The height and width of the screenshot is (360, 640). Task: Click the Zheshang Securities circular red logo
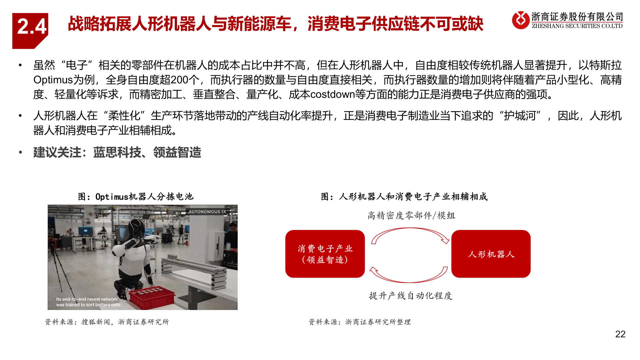(x=520, y=20)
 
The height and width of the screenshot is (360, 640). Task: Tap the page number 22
(x=620, y=334)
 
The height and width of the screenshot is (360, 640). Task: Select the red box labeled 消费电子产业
(x=325, y=254)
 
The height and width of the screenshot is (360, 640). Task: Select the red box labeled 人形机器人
(x=491, y=254)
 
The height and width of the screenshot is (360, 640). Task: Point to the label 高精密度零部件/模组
(x=411, y=216)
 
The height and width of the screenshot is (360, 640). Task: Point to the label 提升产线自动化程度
(x=410, y=296)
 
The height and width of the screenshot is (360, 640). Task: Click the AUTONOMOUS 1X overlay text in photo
(x=207, y=212)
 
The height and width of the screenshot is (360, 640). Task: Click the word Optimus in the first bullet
(x=53, y=80)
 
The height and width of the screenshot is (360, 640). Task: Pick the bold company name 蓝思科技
(x=117, y=153)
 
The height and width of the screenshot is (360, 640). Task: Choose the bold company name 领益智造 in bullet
(x=177, y=153)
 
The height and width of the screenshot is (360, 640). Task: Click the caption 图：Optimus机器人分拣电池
(x=136, y=197)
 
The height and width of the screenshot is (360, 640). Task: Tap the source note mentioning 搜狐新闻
(x=107, y=322)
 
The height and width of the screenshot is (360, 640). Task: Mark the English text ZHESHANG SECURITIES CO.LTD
(x=577, y=26)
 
